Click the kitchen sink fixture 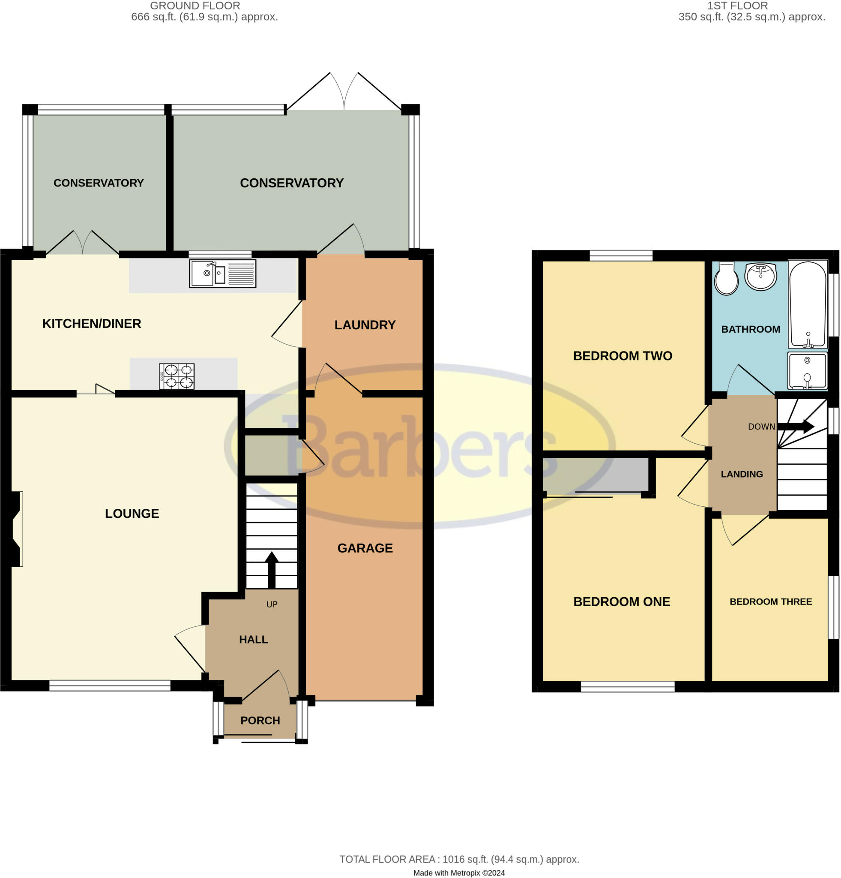click(222, 273)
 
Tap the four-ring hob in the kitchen click(177, 376)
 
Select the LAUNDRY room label click(365, 325)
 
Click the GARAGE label click(365, 548)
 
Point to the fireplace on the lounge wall click(14, 529)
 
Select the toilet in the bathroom click(726, 279)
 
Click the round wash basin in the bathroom click(760, 276)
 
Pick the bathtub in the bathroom click(808, 305)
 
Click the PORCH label click(260, 720)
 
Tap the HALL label click(253, 639)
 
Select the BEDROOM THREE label click(770, 601)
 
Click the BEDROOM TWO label click(622, 356)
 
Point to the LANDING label click(741, 474)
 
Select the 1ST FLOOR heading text click(737, 6)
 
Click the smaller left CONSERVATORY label click(99, 183)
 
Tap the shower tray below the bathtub click(807, 371)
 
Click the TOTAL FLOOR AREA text click(459, 859)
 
